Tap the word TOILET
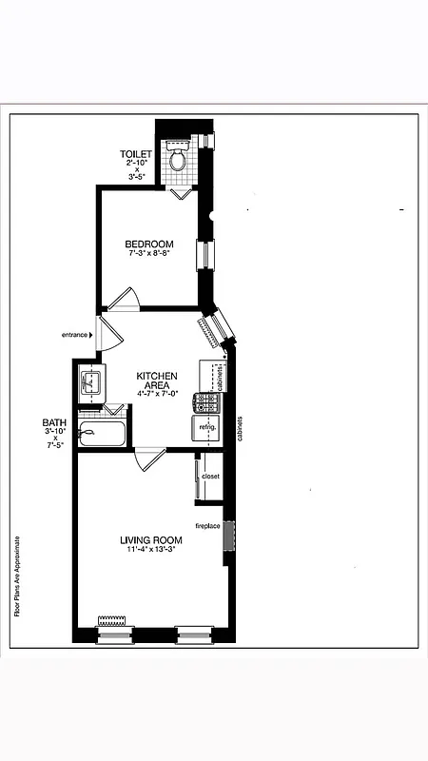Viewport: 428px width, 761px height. coord(136,154)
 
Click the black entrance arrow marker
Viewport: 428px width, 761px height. coord(91,335)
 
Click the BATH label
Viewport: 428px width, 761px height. coord(53,422)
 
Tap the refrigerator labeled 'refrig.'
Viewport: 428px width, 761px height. coord(207,428)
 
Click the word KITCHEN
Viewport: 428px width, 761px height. coord(157,376)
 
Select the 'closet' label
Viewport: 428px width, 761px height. coord(211,476)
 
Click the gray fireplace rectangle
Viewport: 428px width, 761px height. coord(228,536)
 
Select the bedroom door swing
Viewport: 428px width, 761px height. coord(124,299)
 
